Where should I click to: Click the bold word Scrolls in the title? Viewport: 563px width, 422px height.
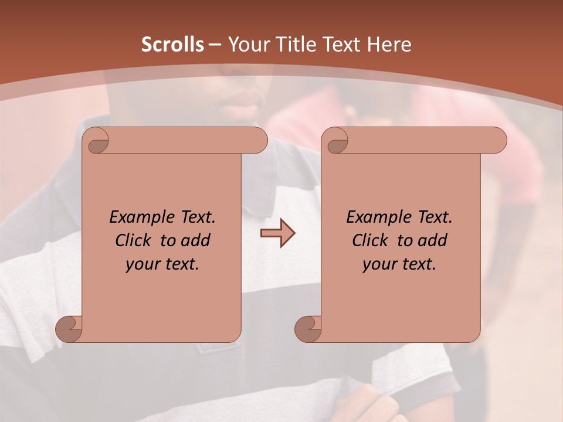click(173, 45)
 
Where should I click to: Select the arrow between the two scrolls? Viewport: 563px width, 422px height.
click(277, 233)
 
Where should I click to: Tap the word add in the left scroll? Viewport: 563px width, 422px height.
click(196, 241)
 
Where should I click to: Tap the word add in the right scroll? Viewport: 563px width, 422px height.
click(433, 241)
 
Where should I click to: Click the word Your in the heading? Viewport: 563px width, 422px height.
click(246, 45)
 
